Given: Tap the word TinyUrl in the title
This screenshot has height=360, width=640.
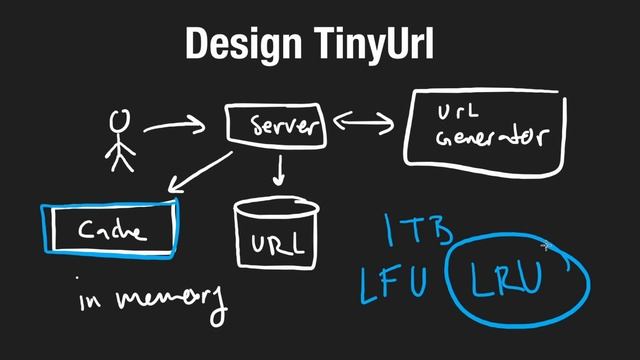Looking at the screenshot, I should coord(368,44).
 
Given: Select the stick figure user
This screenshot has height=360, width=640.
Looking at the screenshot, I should coord(120,140).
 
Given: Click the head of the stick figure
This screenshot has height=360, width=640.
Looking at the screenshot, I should coord(120,120).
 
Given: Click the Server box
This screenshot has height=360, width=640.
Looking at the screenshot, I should coord(275,125).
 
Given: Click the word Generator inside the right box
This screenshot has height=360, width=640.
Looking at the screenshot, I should coord(491,138).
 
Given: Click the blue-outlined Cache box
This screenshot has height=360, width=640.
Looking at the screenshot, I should coord(110,230).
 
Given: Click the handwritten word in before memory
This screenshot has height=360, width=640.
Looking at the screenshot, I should coord(93,300).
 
